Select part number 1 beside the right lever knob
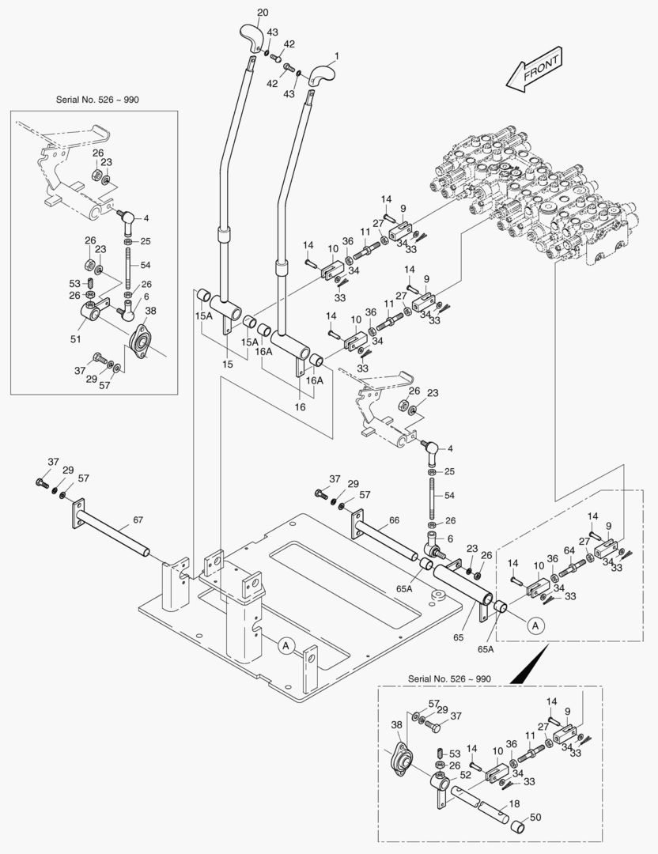[x=335, y=56]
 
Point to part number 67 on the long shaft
[x=138, y=520]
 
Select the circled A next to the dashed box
[x=535, y=625]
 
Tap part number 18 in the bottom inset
[x=515, y=803]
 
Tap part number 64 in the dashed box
[x=569, y=550]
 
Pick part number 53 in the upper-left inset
[x=75, y=282]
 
